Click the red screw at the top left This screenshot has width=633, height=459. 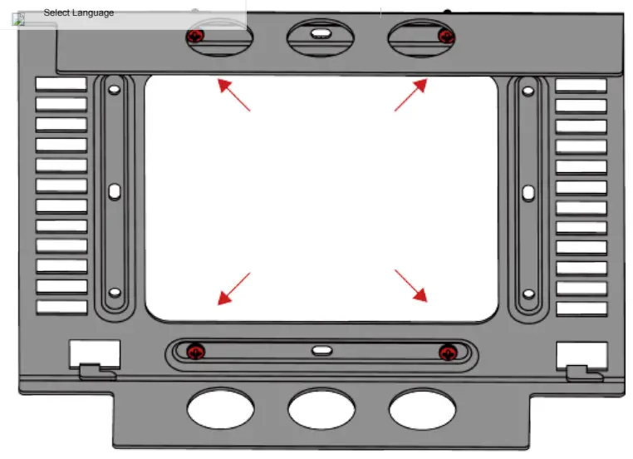pos(195,36)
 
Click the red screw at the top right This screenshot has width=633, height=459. pos(446,36)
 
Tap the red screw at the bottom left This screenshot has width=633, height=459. pos(195,351)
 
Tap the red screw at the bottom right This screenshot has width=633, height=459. pos(448,352)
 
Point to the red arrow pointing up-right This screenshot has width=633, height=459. pos(411,94)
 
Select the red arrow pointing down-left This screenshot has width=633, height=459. pos(233,288)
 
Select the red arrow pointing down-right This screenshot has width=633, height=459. pos(411,285)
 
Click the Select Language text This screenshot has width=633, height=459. pos(79,12)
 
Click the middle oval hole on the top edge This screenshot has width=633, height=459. pos(320,35)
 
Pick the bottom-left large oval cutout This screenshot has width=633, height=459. pos(220,408)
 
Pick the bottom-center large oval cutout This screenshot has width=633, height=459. pos(321,409)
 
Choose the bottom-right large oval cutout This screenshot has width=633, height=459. pos(422,408)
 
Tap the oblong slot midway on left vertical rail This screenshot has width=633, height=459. pos(115,193)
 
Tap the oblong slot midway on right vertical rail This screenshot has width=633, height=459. pos(527,192)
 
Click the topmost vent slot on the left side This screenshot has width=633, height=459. pos(61,85)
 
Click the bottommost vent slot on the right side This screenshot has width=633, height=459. pos(581,308)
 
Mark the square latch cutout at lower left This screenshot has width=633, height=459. pos(94,353)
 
